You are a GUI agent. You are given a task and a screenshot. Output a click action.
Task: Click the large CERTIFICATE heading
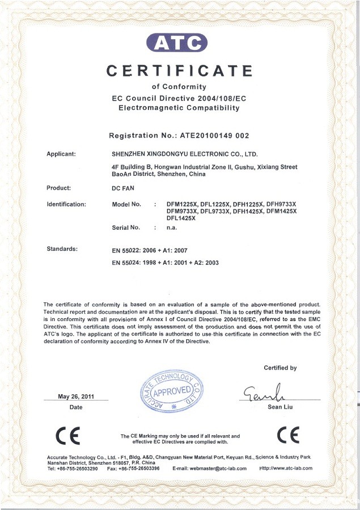click(x=180, y=70)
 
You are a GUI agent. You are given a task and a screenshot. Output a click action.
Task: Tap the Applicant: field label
click(x=65, y=154)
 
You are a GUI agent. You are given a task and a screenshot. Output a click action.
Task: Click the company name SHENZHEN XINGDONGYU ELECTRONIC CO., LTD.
click(x=185, y=154)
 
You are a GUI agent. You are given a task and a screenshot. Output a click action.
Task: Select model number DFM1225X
click(x=183, y=204)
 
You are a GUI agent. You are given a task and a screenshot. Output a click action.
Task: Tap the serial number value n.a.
click(x=172, y=227)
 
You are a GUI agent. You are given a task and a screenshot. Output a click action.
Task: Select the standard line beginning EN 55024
click(x=166, y=263)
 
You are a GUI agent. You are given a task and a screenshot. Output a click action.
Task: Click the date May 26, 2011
click(x=76, y=397)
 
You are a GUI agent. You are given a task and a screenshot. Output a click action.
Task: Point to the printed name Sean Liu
click(x=278, y=407)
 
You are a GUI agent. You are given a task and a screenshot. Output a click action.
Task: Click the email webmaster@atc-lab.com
click(x=209, y=469)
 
